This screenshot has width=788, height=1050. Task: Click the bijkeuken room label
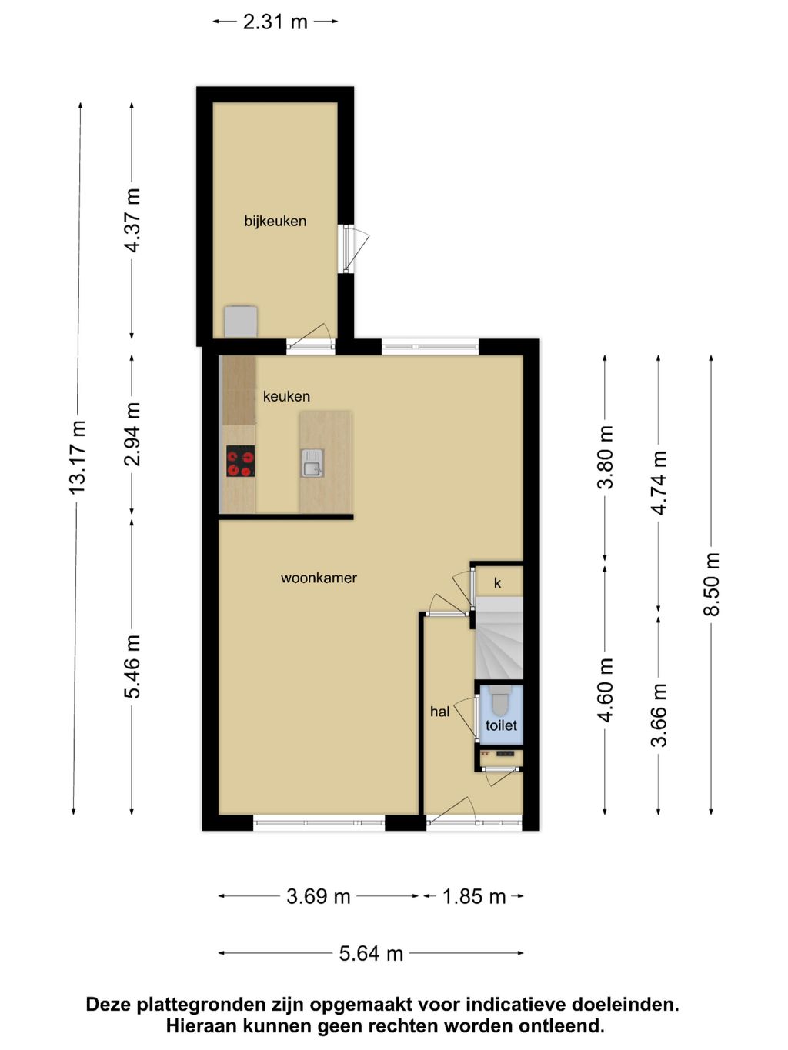pos(275,222)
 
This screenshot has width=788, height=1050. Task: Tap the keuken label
pos(286,396)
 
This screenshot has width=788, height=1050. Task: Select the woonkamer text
pos(319,578)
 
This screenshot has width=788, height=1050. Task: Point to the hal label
pos(439,712)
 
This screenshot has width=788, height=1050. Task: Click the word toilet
pos(501,725)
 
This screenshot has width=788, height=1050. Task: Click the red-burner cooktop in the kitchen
pos(240,461)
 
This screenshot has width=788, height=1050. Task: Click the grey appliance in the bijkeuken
pos(241,322)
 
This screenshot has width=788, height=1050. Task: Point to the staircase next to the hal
pos(499,638)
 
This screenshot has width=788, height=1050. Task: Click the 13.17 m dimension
pos(78,458)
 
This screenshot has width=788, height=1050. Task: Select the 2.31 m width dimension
pos(275,22)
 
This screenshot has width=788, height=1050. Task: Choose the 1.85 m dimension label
pos(474,895)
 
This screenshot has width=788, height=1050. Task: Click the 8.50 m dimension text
pos(712,584)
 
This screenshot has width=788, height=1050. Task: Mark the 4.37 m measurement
pos(132,220)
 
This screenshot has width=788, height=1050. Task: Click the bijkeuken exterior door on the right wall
pos(355,248)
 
